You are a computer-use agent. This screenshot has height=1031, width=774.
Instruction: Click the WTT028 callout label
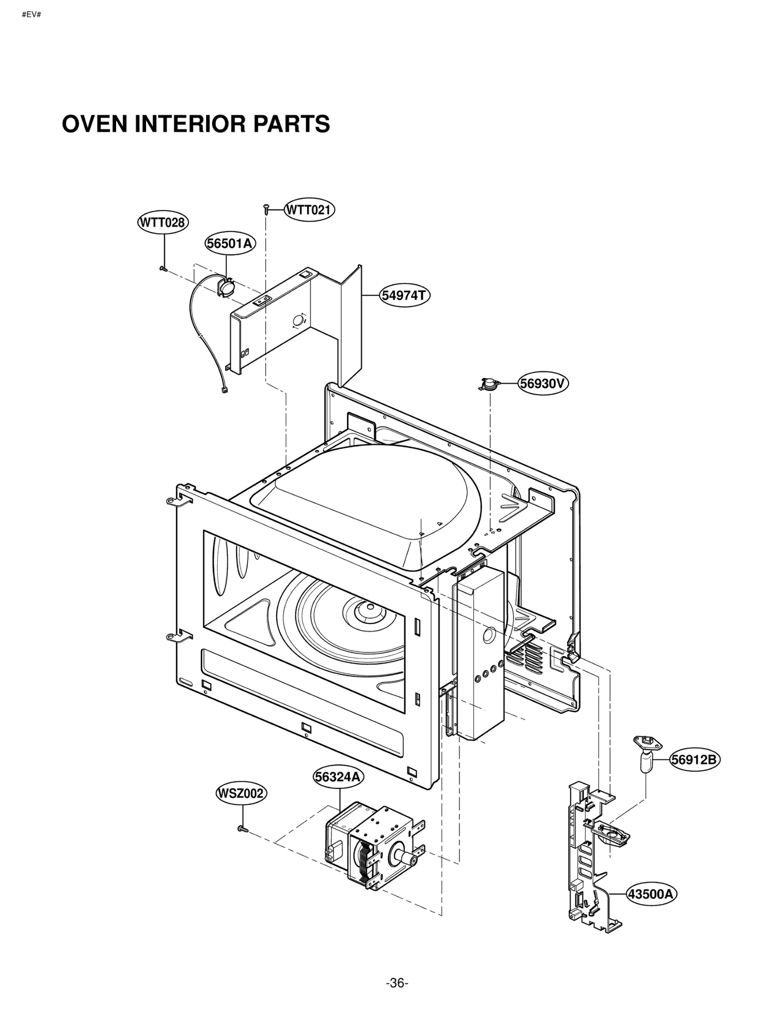point(162,222)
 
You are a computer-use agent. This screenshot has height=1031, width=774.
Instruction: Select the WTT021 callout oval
point(309,210)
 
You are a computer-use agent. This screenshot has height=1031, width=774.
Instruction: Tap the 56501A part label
point(230,243)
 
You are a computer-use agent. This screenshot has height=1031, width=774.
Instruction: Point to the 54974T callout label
point(404,295)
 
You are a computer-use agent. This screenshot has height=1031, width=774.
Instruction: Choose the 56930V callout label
point(543,383)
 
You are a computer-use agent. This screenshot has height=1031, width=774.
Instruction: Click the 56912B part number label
point(694,760)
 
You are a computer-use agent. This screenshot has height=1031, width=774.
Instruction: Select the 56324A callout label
point(338,777)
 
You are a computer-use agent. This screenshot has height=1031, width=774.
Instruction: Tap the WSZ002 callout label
point(241,794)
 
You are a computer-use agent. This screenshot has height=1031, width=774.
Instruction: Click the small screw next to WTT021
point(266,209)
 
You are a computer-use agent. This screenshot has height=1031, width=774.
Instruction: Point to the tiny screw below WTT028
point(163,268)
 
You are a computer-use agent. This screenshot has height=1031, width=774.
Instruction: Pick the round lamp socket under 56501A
point(226,287)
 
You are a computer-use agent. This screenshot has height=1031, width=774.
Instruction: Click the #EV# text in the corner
point(31,15)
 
